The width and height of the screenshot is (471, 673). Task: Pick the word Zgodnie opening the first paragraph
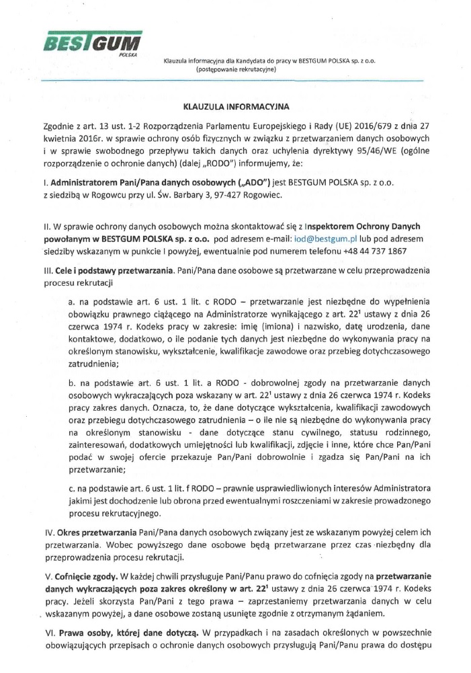pos(60,126)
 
